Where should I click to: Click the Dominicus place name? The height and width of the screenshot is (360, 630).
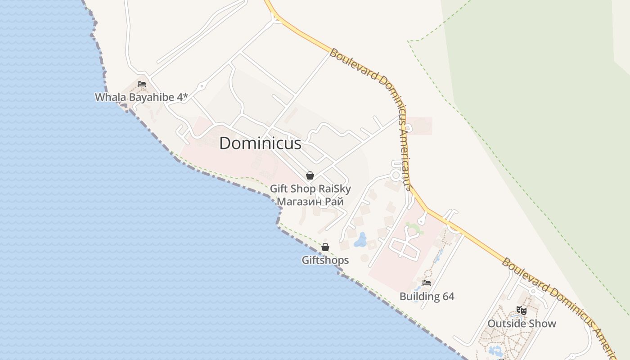coord(260,143)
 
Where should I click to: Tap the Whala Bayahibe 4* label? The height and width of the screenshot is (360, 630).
coord(141,97)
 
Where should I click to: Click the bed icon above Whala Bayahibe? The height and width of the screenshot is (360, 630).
coord(142,84)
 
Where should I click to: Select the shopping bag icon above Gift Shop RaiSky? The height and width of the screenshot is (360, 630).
coord(310,175)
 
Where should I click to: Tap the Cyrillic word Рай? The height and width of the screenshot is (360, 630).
coord(334,202)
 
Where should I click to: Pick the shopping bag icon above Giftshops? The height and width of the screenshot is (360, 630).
coord(325,247)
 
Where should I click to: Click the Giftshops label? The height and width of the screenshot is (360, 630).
coord(325,260)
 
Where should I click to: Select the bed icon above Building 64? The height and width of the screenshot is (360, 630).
coord(427,283)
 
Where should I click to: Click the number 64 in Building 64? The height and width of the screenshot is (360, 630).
coord(448,297)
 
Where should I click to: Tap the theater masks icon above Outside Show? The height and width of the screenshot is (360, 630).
coord(522,310)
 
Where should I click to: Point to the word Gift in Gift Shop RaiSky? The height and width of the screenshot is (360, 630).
coord(279,189)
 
